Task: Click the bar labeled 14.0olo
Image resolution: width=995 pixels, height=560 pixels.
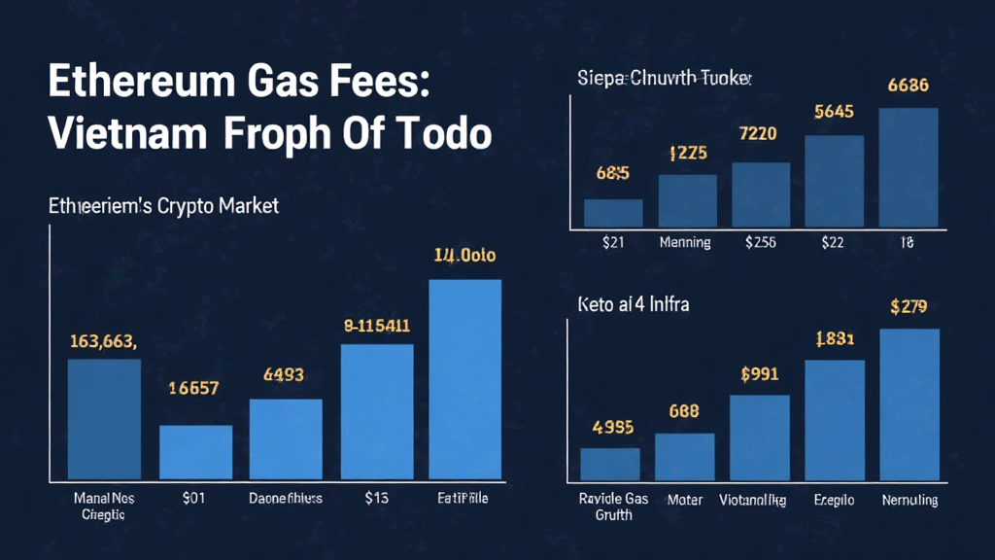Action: coord(464,379)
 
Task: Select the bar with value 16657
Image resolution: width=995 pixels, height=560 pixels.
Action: coord(195,452)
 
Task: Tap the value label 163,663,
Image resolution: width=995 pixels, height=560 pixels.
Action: coord(103,341)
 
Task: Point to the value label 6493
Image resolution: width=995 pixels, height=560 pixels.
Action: coord(284,374)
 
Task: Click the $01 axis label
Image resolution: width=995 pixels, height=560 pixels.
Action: coord(193,499)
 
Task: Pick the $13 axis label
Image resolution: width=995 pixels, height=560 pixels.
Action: coord(376,499)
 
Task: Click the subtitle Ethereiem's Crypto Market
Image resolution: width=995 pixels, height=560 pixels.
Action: coord(163,206)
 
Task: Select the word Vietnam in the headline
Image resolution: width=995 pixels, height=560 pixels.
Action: coord(125,133)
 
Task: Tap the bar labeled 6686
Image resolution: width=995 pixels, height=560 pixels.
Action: coord(909,167)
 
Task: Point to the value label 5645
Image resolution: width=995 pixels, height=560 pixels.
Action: coord(834,112)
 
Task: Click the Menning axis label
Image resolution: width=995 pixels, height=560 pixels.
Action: coord(687,242)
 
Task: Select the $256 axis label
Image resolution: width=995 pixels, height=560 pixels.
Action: coord(760,242)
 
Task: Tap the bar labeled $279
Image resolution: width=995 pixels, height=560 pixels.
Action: coord(909,403)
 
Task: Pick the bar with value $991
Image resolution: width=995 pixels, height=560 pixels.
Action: coord(760,437)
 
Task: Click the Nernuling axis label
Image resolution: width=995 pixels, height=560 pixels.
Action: coord(909,500)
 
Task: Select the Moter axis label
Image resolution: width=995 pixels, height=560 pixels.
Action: coord(685,500)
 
